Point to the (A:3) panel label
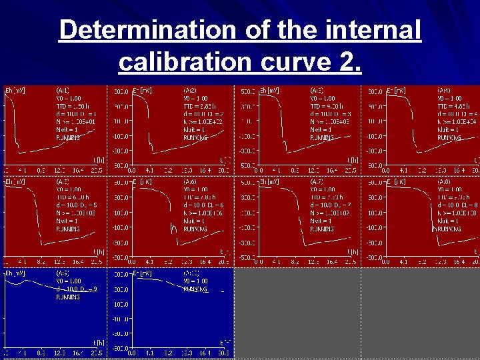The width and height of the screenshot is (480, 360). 317,90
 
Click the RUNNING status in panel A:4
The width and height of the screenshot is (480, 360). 449,138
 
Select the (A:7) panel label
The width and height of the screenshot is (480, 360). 317,181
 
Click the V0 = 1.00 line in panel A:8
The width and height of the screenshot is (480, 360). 449,189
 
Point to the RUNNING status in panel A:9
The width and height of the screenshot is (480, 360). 68,297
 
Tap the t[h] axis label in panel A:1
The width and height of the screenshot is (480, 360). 98,160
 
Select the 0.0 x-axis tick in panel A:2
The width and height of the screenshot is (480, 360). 131,169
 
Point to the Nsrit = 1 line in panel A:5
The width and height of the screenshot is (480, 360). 67,221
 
